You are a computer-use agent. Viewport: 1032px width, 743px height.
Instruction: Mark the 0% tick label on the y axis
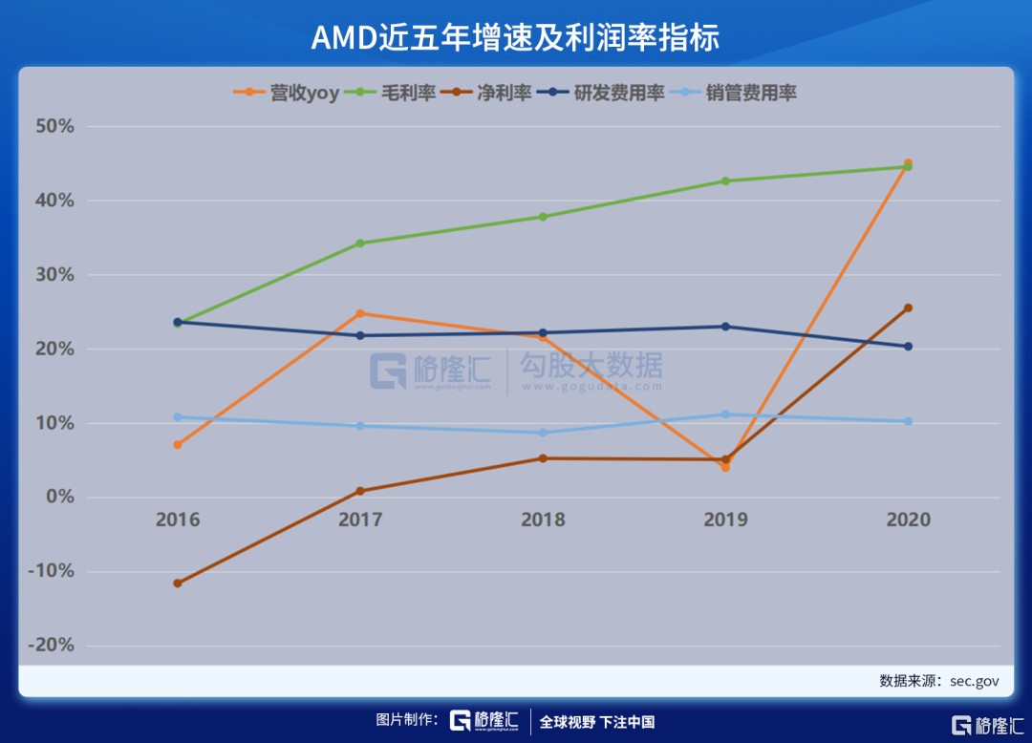(x=59, y=497)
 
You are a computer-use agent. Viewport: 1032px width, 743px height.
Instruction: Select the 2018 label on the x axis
(x=543, y=520)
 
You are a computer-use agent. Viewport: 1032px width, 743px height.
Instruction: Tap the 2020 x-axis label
(x=908, y=520)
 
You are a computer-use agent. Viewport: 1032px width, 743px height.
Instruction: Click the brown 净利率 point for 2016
(x=178, y=583)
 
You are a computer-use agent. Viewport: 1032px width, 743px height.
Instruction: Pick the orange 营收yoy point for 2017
(x=360, y=313)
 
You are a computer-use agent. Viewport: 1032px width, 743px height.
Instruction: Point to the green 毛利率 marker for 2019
(x=725, y=180)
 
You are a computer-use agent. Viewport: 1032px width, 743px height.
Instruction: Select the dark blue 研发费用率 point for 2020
(x=908, y=347)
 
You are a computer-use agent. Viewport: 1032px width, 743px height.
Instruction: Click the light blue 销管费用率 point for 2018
(x=543, y=433)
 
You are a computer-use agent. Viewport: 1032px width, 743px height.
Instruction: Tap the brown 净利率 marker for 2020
(x=908, y=308)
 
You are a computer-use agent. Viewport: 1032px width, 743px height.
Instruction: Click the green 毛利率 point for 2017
(x=360, y=244)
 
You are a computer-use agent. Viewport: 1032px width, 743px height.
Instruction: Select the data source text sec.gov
(x=974, y=681)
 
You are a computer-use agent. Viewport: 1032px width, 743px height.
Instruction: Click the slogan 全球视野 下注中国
(x=597, y=722)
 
